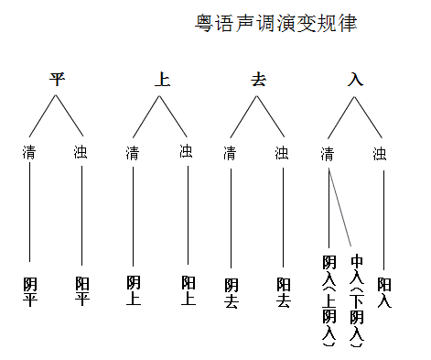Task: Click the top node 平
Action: click(x=57, y=79)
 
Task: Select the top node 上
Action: click(x=162, y=79)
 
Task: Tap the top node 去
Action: click(x=258, y=79)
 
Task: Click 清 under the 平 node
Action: click(x=31, y=152)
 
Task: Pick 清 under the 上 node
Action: click(x=134, y=152)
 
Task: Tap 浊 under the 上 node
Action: click(x=187, y=151)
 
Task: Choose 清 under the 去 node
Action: click(x=231, y=152)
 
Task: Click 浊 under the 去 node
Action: click(x=283, y=152)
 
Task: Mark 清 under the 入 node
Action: click(x=328, y=152)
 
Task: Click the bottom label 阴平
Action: click(x=30, y=291)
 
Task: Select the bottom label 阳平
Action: click(x=82, y=291)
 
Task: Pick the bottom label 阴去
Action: click(x=231, y=292)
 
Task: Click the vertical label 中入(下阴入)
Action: click(x=356, y=302)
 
